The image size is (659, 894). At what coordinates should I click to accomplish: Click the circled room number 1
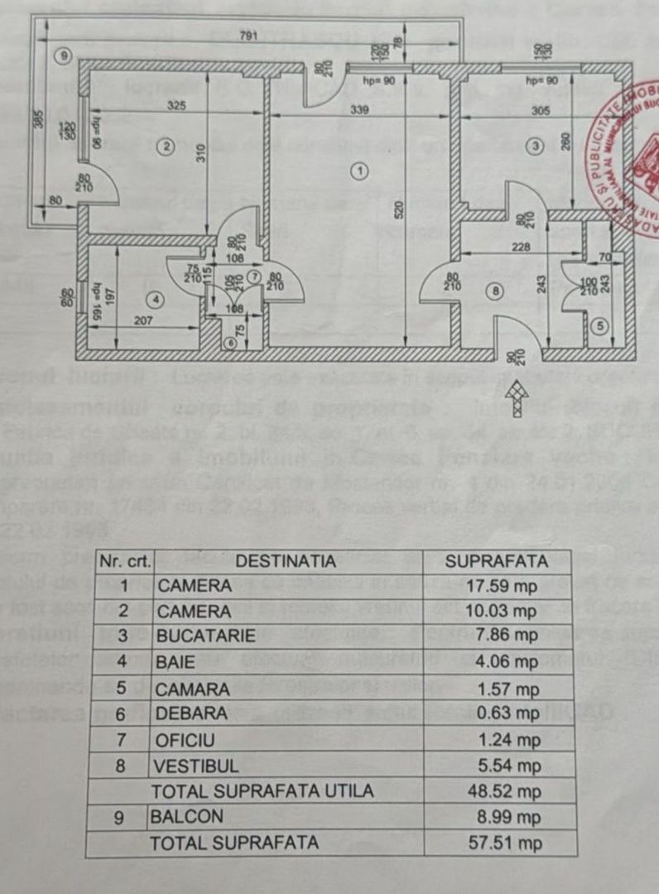coord(358,171)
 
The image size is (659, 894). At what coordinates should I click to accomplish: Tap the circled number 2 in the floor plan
coord(166,147)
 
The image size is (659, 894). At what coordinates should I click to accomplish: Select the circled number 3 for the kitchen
coord(536,146)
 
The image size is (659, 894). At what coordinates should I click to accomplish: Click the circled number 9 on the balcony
coord(61,55)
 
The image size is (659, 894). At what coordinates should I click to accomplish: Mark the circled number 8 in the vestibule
coord(494,291)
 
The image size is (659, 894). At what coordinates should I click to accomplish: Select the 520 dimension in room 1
coord(398,211)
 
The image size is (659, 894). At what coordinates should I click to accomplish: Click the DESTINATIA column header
coord(286,561)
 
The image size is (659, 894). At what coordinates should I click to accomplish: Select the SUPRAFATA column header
coord(497,561)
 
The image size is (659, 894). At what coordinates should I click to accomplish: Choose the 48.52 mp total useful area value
coord(496,791)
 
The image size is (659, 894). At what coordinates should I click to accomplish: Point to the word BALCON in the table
coord(186,817)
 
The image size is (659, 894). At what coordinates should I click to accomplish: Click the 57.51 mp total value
coord(496,843)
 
